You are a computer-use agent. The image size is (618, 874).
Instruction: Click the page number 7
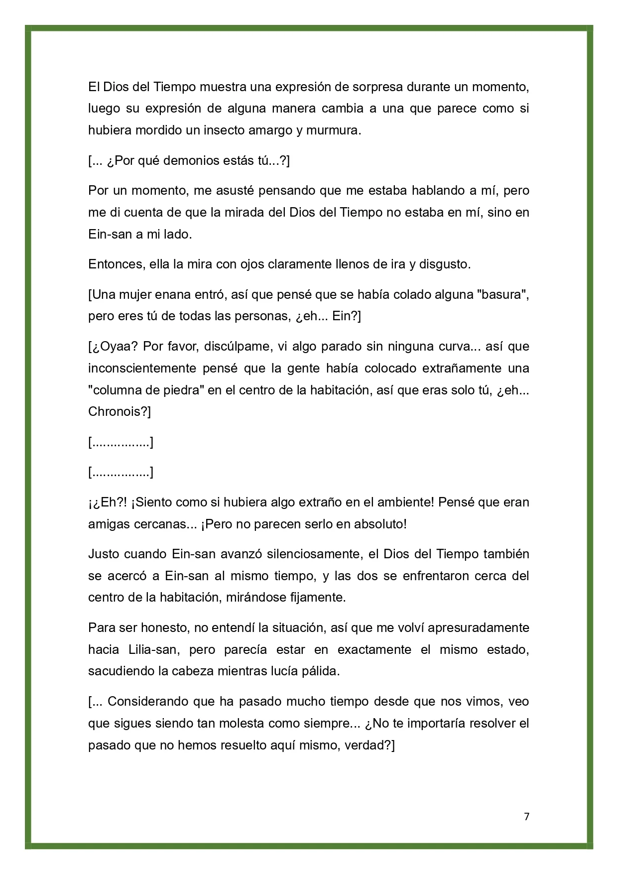coord(527,816)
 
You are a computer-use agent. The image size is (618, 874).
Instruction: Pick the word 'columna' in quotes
coord(116,390)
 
